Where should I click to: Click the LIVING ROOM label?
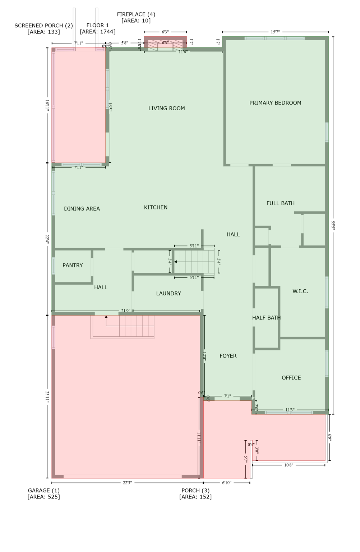(x=167, y=109)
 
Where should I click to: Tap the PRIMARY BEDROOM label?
(x=275, y=103)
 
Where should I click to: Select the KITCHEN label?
(x=156, y=207)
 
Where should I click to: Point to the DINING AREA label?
(x=82, y=209)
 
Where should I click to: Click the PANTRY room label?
(x=73, y=266)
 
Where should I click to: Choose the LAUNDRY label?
(x=169, y=294)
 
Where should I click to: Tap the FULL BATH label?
(x=281, y=203)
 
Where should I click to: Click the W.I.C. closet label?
(x=300, y=291)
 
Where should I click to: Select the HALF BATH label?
(x=266, y=318)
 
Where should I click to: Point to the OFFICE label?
(x=291, y=378)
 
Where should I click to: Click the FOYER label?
(x=228, y=356)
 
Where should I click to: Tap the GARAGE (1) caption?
(x=44, y=491)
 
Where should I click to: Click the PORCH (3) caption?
(x=195, y=491)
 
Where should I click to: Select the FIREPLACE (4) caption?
(x=136, y=14)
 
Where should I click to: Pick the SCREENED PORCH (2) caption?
(x=43, y=26)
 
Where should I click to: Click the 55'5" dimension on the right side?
(x=333, y=225)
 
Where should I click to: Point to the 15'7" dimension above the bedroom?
(x=275, y=32)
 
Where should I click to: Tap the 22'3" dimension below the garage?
(x=128, y=483)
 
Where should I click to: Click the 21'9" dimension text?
(x=125, y=311)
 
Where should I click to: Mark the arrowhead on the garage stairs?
(x=106, y=317)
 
